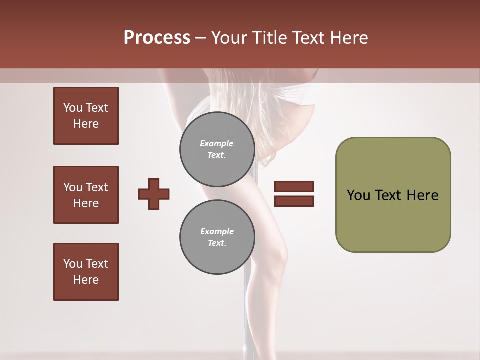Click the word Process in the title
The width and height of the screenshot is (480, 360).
click(x=157, y=38)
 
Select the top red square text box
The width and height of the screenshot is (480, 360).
click(x=86, y=116)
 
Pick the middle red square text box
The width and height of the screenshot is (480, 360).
click(x=86, y=195)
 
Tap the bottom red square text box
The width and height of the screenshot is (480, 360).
click(x=86, y=272)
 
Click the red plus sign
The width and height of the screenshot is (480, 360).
click(x=154, y=194)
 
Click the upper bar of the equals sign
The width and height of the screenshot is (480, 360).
click(x=294, y=186)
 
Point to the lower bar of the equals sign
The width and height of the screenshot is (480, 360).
click(x=294, y=201)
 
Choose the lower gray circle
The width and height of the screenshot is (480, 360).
click(x=217, y=237)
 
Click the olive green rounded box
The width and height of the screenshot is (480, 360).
click(x=393, y=195)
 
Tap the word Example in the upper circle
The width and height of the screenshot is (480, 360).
click(x=217, y=143)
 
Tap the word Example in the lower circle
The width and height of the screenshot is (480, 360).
click(x=217, y=231)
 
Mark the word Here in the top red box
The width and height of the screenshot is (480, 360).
click(x=86, y=124)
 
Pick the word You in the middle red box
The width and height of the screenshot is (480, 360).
click(x=72, y=187)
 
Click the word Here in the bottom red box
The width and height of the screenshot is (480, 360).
click(x=86, y=280)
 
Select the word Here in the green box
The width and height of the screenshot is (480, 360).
click(x=422, y=195)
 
